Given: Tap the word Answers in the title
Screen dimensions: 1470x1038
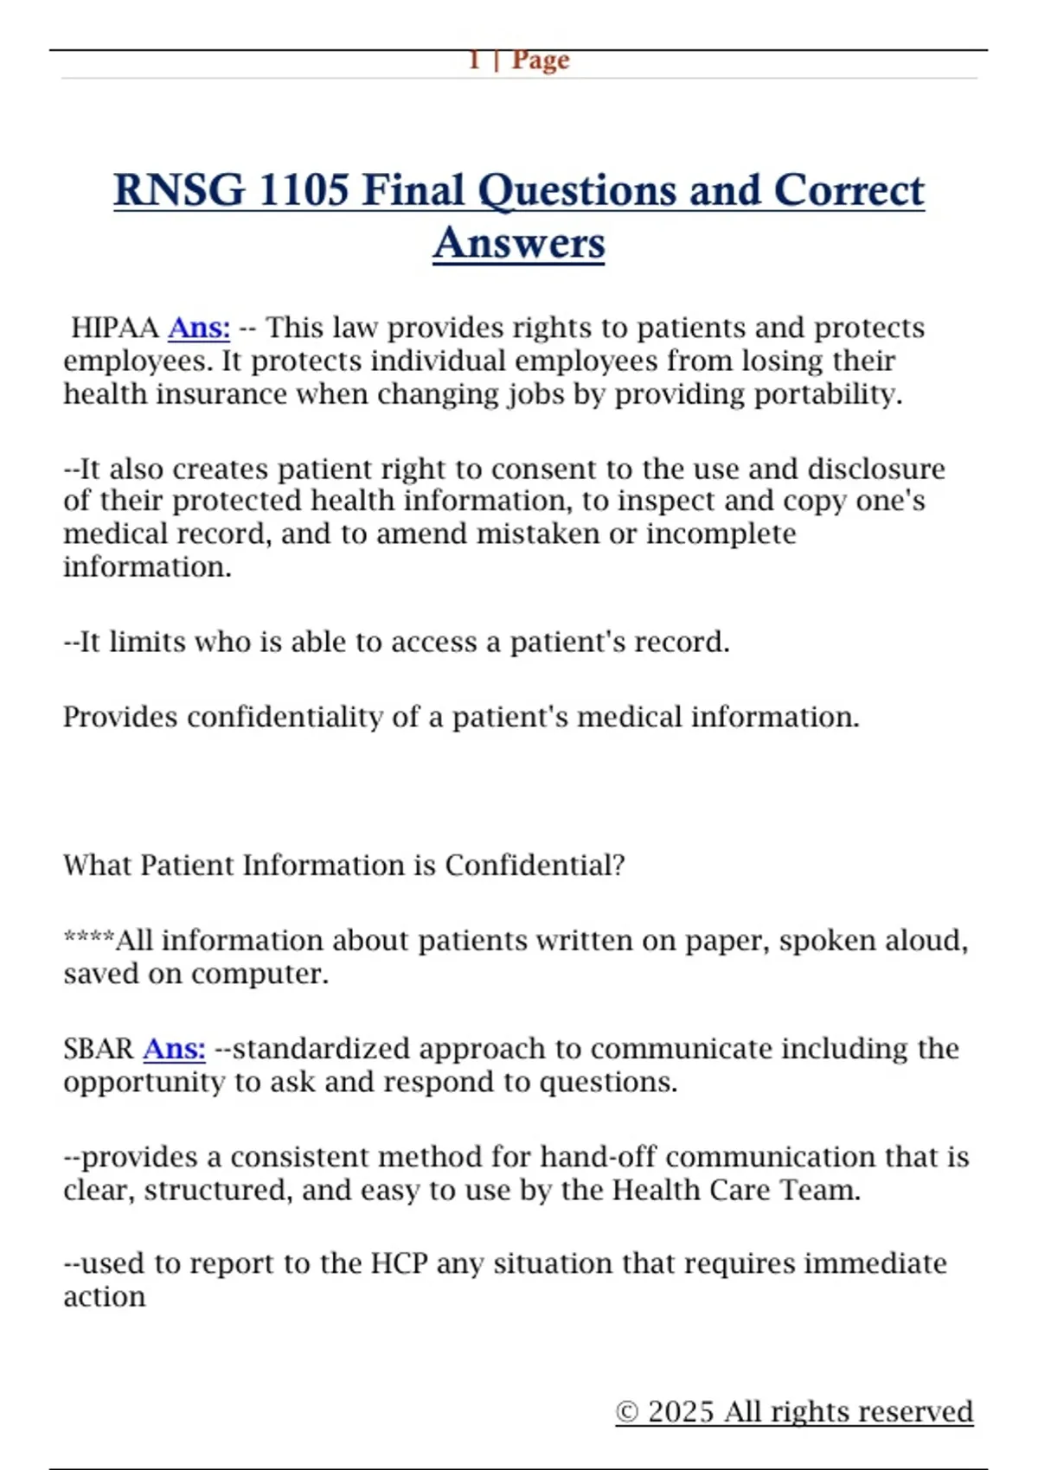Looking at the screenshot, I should pyautogui.click(x=519, y=243).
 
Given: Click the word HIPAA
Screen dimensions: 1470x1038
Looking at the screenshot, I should pyautogui.click(x=114, y=329).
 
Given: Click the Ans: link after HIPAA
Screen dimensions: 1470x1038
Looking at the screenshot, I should pyautogui.click(x=199, y=329).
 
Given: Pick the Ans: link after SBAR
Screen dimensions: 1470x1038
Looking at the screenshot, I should pyautogui.click(x=174, y=1049).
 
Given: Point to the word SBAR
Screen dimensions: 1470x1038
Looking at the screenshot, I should pyautogui.click(x=98, y=1049).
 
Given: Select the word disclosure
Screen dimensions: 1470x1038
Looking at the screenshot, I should pyautogui.click(x=875, y=469).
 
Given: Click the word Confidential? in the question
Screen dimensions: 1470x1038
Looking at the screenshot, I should pyautogui.click(x=535, y=866).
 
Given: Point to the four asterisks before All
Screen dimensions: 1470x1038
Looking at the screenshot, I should pyautogui.click(x=88, y=939).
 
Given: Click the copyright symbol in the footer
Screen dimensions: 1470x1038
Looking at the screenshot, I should pyautogui.click(x=626, y=1412).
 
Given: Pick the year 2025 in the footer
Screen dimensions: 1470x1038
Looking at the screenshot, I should pyautogui.click(x=682, y=1412).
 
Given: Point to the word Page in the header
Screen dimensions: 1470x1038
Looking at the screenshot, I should pyautogui.click(x=541, y=61).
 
